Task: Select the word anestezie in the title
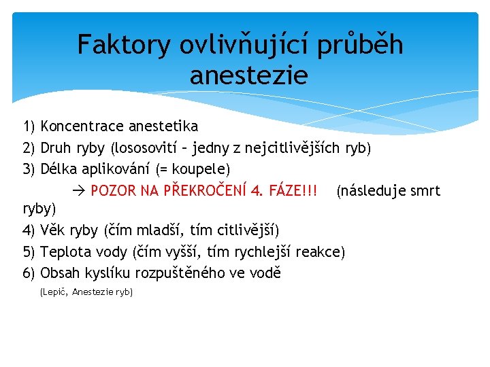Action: [249, 75]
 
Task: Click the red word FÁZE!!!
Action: [293, 190]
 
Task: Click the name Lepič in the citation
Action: [54, 292]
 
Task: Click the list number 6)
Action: [29, 274]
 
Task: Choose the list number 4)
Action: [29, 232]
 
